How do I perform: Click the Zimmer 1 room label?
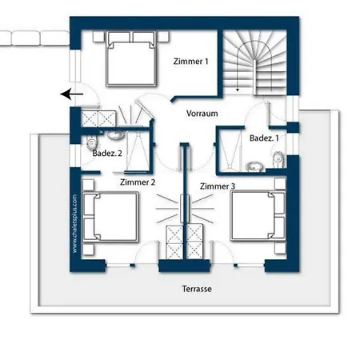pyautogui.click(x=190, y=62)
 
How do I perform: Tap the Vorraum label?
pyautogui.click(x=202, y=114)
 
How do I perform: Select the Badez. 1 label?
pyautogui.click(x=264, y=138)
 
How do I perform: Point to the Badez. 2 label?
pyautogui.click(x=107, y=154)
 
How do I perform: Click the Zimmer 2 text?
pyautogui.click(x=138, y=182)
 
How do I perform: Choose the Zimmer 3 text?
pyautogui.click(x=218, y=186)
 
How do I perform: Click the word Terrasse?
pyautogui.click(x=197, y=289)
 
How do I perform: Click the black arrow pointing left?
pyautogui.click(x=72, y=94)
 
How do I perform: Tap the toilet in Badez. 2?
pyautogui.click(x=91, y=143)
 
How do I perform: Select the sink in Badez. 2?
pyautogui.click(x=116, y=135)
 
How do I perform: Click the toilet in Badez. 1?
pyautogui.click(x=278, y=159)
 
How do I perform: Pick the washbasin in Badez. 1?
pyautogui.click(x=254, y=166)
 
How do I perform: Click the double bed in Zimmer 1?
pyautogui.click(x=131, y=58)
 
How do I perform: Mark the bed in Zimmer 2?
pyautogui.click(x=110, y=217)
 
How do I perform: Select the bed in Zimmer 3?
pyautogui.click(x=258, y=216)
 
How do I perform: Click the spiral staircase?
pyautogui.click(x=254, y=62)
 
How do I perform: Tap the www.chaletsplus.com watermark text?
pyautogui.click(x=74, y=223)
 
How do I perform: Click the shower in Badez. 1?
pyautogui.click(x=230, y=150)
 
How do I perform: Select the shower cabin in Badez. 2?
pyautogui.click(x=138, y=151)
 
